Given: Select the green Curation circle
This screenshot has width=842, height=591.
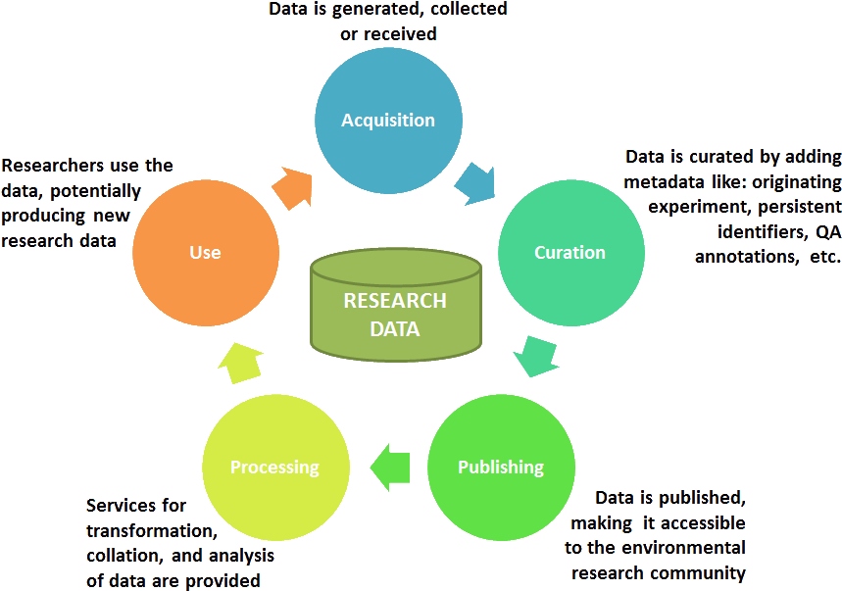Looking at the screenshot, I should [x=570, y=252].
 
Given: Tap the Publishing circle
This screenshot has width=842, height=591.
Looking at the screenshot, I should [x=501, y=467].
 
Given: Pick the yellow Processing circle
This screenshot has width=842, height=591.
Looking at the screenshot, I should [x=275, y=467].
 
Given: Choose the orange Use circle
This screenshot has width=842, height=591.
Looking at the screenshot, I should [x=205, y=252].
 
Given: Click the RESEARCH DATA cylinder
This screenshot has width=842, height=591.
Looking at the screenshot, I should [x=395, y=306].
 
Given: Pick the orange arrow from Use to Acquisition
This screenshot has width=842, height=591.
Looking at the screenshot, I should [x=291, y=186].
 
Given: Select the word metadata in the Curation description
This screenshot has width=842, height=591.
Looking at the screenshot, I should [x=669, y=182].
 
